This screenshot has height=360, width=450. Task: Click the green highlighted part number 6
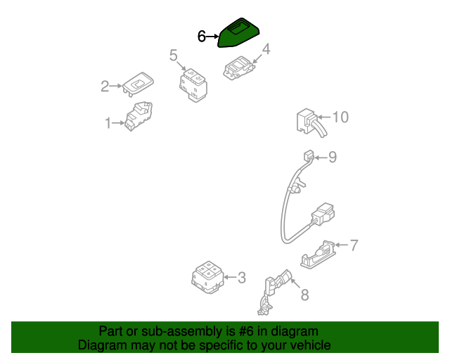point(238,32)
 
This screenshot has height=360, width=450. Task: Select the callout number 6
point(201,36)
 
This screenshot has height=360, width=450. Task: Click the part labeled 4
point(238,70)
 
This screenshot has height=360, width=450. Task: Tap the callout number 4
point(266,49)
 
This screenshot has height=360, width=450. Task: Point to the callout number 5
point(173,55)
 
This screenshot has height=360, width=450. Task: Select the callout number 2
point(105,86)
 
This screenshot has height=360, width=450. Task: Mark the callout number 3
point(241,278)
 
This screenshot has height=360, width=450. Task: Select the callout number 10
point(340,117)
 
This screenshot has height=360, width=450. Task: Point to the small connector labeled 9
point(308,155)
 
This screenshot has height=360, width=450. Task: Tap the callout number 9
point(333,157)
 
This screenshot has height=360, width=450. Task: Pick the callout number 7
point(354,245)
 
